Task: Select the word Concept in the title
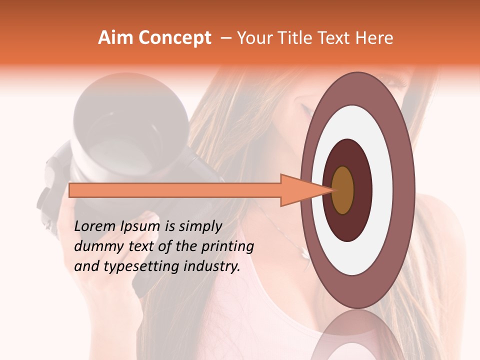(174, 38)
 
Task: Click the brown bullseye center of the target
(343, 190)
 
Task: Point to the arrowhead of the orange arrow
(305, 190)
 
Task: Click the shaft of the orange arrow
(175, 190)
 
